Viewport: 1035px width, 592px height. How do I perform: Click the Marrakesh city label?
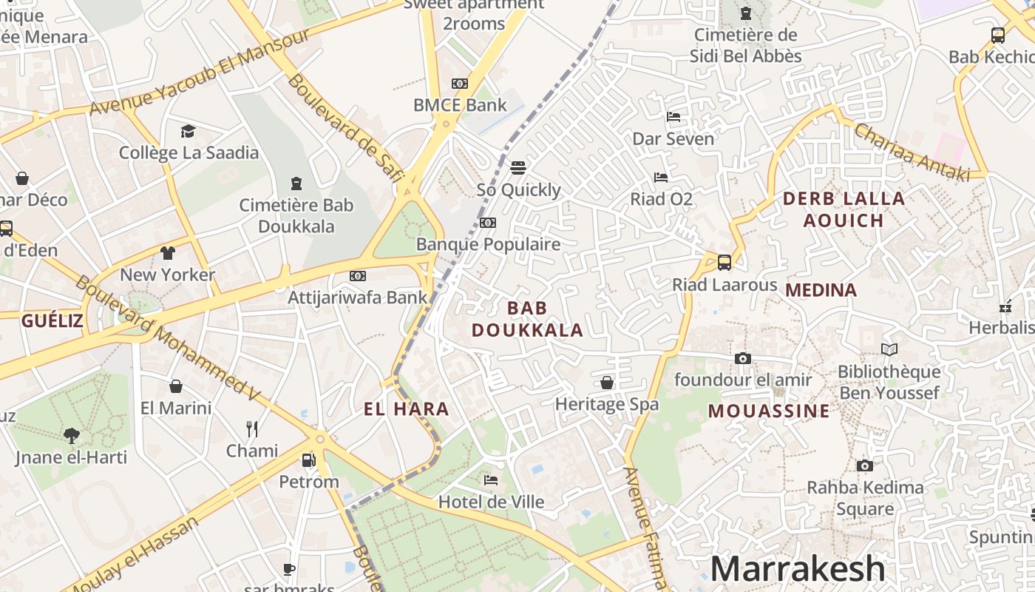tap(797, 568)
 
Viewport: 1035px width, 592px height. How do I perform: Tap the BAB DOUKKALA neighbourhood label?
tap(528, 319)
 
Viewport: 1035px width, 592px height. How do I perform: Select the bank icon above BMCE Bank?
tap(460, 84)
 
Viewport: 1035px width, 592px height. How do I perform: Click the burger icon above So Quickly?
tap(518, 167)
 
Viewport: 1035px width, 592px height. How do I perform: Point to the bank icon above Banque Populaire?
tap(487, 223)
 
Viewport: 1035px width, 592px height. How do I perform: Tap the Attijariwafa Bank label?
tap(357, 297)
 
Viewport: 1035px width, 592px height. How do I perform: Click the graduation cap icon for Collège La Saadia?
tap(188, 131)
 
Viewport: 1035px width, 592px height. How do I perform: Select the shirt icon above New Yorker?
tap(168, 252)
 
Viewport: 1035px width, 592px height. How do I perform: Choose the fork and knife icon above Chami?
tap(252, 428)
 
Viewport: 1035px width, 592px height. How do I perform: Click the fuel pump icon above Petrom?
tap(308, 460)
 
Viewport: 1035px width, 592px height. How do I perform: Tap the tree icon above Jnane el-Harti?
tap(71, 435)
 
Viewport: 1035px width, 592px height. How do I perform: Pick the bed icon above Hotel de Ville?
tap(491, 480)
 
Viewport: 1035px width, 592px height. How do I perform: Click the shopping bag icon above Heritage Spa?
tap(607, 383)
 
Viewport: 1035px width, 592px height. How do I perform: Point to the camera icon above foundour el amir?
tap(743, 358)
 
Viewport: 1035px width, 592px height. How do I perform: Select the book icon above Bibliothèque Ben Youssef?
tap(889, 349)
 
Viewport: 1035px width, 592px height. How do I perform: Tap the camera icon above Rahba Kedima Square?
tap(864, 465)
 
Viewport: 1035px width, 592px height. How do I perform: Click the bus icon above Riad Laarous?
tap(724, 262)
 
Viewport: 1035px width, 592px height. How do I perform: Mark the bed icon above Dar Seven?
tap(673, 116)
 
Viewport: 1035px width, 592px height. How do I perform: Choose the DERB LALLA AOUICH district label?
tap(844, 209)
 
